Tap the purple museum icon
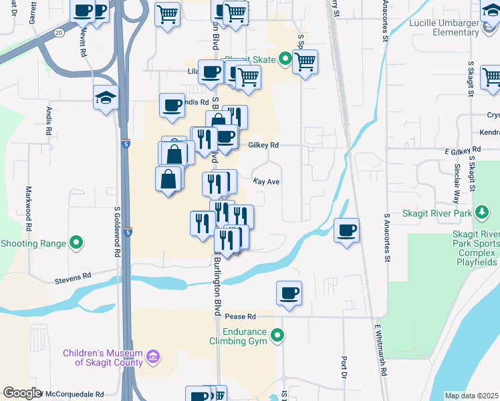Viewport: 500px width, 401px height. [153, 358]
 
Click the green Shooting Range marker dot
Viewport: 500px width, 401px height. [77, 243]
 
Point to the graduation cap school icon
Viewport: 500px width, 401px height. [106, 97]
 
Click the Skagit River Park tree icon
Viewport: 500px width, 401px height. [481, 213]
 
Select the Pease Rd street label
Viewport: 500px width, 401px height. [241, 316]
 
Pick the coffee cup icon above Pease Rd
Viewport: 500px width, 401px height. [289, 293]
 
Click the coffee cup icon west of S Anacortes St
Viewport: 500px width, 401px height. [346, 231]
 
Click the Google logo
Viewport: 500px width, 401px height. [21, 394]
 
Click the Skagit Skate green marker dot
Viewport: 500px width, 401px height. [285, 59]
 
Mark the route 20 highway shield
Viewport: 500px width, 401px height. [59, 31]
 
